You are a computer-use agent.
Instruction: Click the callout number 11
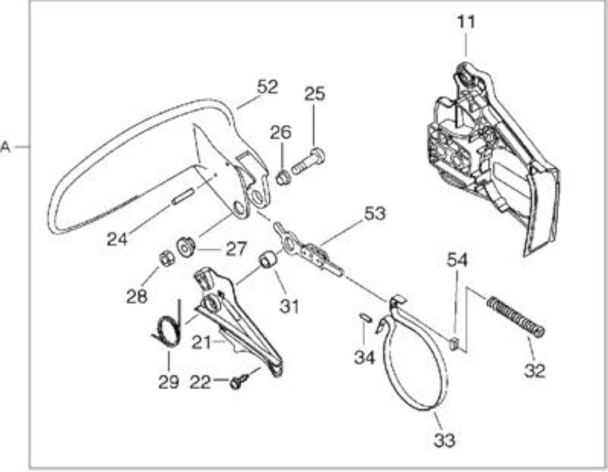466,22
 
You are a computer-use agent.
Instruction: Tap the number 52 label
267,87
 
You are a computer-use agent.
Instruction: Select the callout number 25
315,94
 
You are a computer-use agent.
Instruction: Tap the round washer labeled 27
185,246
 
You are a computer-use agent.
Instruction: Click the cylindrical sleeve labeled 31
269,260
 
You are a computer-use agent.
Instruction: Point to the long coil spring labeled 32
515,317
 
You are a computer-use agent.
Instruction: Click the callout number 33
445,440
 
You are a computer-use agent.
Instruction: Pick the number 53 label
375,214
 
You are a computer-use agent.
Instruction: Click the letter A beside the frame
5,147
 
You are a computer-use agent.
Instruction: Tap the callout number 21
201,342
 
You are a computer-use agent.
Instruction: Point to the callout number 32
535,371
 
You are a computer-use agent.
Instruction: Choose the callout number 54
457,260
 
